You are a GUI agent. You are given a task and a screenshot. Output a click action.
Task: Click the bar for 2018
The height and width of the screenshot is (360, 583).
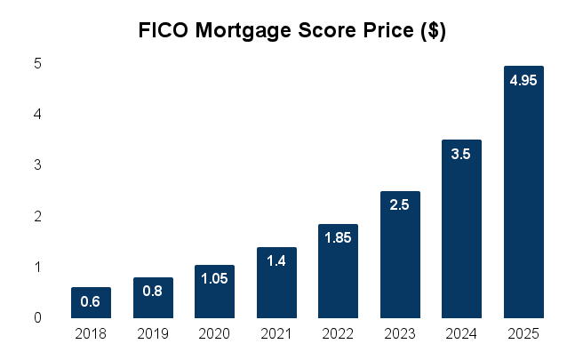coord(91,303)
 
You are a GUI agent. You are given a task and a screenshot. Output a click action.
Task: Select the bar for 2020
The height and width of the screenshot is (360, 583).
coord(214,292)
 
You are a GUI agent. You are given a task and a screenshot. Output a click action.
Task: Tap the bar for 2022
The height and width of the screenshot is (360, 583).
coord(338,271)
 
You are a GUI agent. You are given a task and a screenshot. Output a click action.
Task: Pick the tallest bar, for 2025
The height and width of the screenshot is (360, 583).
coord(523,192)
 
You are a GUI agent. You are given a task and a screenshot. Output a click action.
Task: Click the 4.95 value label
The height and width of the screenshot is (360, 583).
coord(523,81)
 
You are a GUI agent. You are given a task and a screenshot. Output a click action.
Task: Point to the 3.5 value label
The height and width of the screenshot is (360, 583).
coord(461,155)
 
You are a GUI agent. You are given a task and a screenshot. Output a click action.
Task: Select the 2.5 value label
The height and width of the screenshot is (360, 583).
coord(400,205)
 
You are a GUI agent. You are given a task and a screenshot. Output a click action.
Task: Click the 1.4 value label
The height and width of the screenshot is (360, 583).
coord(276,262)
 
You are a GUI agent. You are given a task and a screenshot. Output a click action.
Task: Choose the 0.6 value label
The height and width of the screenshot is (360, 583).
coord(91,302)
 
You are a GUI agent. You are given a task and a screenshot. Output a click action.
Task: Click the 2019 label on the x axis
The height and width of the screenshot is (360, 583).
coord(153,335)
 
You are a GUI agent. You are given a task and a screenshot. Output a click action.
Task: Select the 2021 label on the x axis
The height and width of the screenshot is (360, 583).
coord(276,335)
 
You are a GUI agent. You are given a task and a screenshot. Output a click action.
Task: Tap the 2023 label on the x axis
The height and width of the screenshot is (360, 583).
coord(400,335)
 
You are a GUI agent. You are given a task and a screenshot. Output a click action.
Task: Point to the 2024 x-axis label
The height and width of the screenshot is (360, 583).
coord(461,335)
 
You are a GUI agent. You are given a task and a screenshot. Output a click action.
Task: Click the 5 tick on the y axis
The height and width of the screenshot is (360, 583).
coord(38,64)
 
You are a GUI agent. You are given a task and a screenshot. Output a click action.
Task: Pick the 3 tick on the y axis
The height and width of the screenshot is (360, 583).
coord(38,165)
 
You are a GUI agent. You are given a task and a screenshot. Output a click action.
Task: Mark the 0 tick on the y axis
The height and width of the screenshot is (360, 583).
coord(38,318)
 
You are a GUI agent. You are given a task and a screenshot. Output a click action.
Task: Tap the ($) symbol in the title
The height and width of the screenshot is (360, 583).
coord(432,31)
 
